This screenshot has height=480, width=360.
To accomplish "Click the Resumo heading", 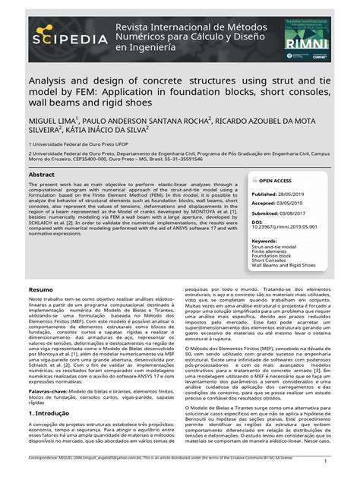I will tap(40, 290).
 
